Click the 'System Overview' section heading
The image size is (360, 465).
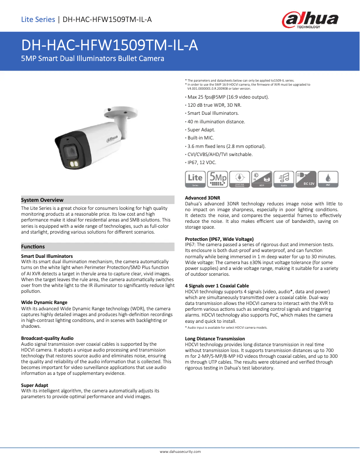[x=42, y=200]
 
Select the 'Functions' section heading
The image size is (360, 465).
[x=33, y=247]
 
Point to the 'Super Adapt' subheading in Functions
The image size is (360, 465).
[x=35, y=385]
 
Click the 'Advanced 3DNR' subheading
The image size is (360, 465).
[x=203, y=198]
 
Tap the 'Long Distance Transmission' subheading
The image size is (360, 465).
[x=215, y=339]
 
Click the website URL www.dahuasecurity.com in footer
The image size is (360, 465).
[x=180, y=452]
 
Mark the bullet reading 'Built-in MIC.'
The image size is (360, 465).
[x=201, y=138]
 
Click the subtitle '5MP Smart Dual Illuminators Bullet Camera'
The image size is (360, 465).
[x=93, y=59]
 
